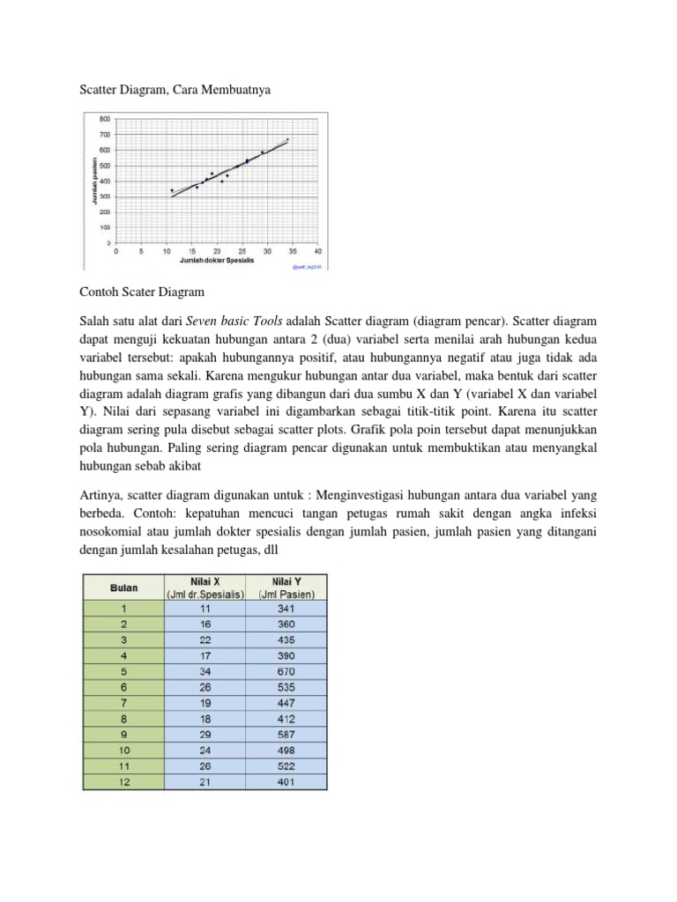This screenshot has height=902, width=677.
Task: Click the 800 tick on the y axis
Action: click(104, 118)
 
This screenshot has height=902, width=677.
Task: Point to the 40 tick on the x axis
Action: click(317, 251)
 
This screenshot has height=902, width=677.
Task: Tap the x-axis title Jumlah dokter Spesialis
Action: click(216, 261)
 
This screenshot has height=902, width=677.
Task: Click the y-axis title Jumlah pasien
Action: click(93, 181)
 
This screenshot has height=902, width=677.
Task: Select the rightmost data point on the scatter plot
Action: click(287, 139)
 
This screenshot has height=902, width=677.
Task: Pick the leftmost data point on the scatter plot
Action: click(172, 189)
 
